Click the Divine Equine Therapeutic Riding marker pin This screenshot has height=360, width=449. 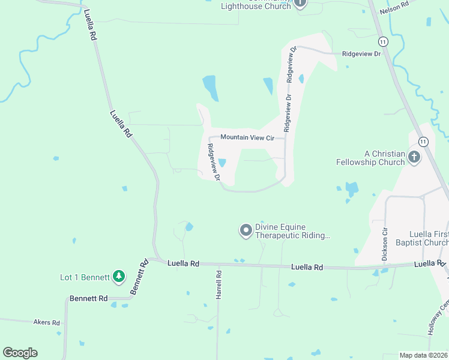tap(245, 230)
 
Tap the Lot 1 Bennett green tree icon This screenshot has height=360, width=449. tap(119, 277)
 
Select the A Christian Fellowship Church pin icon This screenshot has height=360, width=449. tap(414, 157)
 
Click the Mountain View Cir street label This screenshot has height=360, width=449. tap(247, 137)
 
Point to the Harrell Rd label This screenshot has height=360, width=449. tap(219, 284)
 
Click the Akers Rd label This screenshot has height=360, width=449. tap(47, 323)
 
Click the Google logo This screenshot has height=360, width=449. tap(20, 353)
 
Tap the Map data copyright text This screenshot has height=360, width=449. tap(424, 355)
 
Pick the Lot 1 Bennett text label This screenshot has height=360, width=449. tap(85, 277)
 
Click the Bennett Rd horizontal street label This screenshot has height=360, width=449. tap(88, 298)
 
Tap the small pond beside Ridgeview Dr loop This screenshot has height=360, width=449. tap(222, 163)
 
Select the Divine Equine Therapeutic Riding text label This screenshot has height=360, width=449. tap(292, 232)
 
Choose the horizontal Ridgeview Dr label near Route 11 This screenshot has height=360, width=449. tap(361, 54)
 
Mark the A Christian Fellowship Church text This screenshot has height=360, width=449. tap(370, 158)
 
